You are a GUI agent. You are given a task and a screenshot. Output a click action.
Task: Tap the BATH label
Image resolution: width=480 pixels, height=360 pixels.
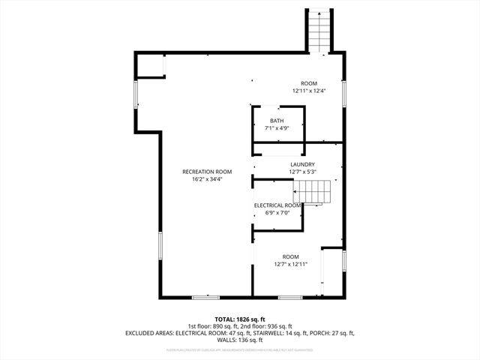(277, 121)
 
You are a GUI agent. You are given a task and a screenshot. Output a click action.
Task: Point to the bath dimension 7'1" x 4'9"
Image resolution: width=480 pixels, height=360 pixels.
(277, 128)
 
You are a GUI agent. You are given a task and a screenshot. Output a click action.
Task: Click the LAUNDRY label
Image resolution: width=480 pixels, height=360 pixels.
(302, 164)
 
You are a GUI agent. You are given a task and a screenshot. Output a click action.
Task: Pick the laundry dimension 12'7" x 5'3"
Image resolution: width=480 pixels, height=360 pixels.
(302, 172)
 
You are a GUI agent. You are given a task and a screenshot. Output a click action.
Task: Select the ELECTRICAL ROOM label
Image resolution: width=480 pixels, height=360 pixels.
(277, 205)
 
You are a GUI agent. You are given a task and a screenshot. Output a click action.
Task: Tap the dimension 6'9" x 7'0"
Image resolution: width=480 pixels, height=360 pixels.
(277, 212)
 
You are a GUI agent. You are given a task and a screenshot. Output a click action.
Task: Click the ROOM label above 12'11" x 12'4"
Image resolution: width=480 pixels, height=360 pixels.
(309, 83)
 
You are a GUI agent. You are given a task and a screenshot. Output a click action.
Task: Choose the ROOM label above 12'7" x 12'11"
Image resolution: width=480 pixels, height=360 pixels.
(290, 256)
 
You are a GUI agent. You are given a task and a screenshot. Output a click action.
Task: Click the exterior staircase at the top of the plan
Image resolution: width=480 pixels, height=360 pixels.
(319, 30)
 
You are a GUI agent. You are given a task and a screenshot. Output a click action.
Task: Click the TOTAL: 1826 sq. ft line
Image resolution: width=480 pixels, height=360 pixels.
(239, 319)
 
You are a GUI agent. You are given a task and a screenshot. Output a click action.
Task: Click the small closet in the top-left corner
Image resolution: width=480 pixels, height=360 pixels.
(149, 65)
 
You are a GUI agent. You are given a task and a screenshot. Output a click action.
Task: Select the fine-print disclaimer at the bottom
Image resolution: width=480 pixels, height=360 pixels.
(239, 349)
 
